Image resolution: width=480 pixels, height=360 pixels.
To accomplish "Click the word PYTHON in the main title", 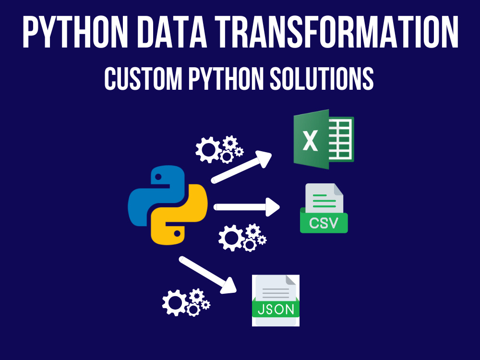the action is point(75,32).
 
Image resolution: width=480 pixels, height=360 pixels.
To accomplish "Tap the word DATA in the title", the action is point(172,32).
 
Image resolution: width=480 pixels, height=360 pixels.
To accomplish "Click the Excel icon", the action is point(324,139).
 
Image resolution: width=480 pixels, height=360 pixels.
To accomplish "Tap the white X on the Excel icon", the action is point(310,141).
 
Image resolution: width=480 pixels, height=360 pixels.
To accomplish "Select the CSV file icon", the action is point(324,208).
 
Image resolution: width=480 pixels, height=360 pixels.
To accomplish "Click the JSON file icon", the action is point(276,300).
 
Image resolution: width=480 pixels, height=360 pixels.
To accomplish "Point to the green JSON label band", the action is point(276,309).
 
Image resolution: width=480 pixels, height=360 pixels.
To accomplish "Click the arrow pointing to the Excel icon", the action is point(241,167).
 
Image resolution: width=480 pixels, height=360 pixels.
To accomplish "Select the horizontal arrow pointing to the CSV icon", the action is point(246,207).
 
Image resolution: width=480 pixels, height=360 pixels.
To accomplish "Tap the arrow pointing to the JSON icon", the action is point(207,275).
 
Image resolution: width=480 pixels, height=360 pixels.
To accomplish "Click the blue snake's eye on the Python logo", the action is point(158,177).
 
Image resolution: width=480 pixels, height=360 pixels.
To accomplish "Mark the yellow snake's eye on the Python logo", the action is point(177,234).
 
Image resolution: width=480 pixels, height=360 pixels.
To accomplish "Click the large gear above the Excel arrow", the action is point(209,150).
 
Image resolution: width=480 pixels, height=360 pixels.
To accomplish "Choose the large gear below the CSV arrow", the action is point(231,238).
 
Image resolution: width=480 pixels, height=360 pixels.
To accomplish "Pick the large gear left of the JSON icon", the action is point(175,303).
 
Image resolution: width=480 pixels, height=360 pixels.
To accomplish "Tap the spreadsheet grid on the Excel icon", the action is point(341,139).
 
